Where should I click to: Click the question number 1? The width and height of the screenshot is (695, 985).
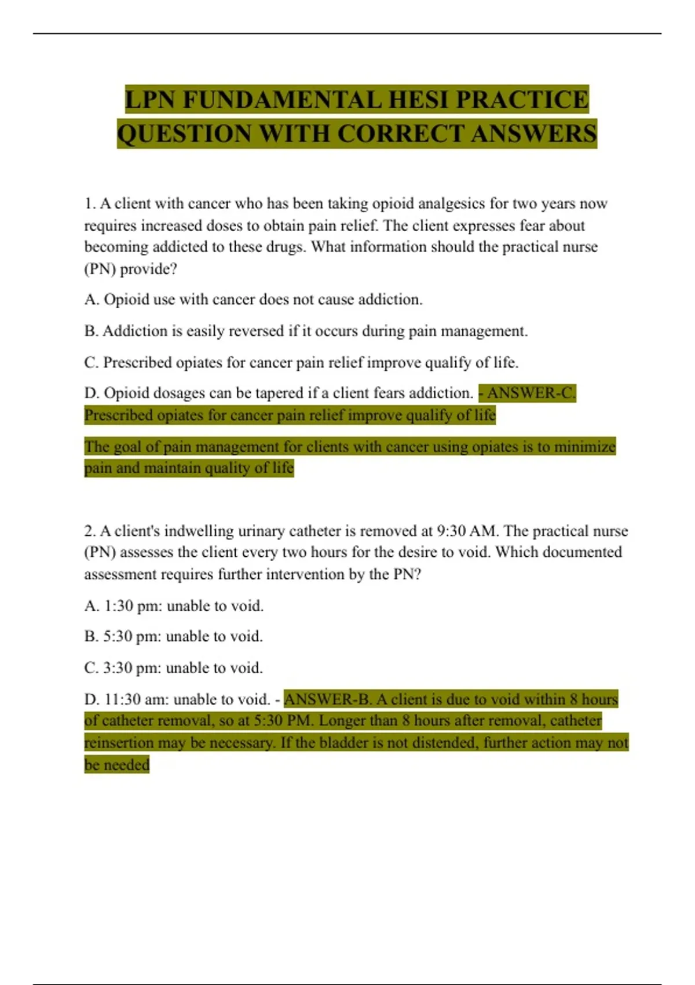coord(89,204)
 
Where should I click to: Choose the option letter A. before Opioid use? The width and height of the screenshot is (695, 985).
coord(92,300)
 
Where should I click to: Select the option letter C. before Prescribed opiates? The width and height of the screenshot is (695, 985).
coord(92,363)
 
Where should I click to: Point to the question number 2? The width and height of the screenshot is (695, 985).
coord(90,531)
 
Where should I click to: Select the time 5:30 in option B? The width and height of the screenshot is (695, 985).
coord(118,637)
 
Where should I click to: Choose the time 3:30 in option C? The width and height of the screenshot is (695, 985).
coord(118,668)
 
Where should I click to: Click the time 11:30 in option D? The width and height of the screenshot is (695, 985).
coord(122,699)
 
